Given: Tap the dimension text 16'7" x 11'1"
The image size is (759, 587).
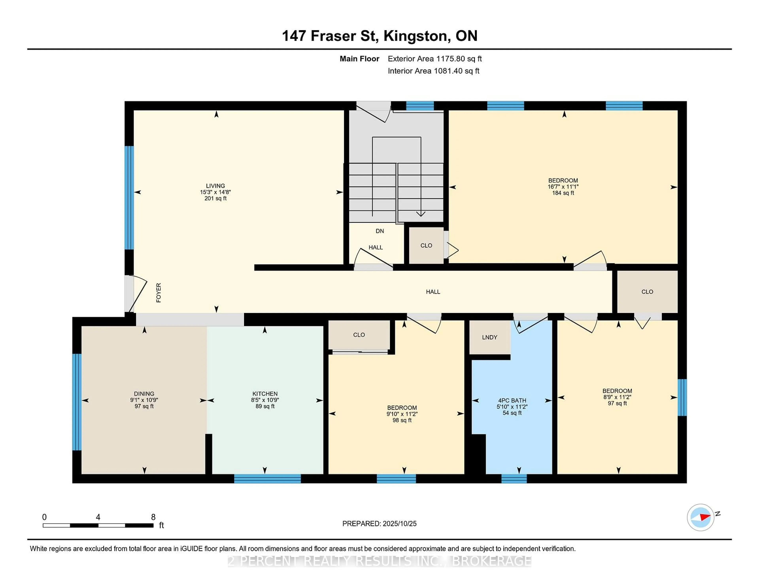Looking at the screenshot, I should pos(563,187).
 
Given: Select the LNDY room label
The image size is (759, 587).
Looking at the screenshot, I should pos(489,337).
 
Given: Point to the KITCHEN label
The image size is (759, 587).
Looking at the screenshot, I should pos(265,394).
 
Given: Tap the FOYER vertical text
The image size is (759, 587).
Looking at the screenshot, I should pos(159,293).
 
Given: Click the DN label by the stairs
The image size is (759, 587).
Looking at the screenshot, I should pos(379,231).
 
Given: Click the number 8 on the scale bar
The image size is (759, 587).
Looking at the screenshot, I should pos(153,517).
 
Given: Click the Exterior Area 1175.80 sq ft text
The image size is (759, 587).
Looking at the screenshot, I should pos(435,59).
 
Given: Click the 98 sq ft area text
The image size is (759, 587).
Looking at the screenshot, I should pos(402,420).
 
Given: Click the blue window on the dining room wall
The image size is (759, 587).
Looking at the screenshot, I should pos(77,402).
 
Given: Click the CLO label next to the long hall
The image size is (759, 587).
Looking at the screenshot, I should pos(647,292).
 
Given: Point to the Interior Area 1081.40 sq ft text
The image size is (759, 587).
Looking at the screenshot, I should pos(433,71).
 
